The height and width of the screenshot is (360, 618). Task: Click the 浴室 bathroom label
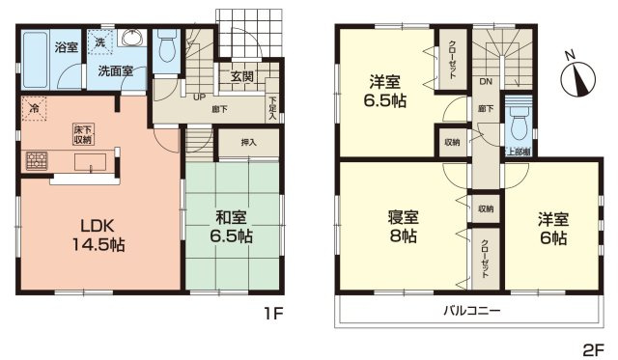[66, 46]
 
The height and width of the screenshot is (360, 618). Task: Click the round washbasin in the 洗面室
[134, 40]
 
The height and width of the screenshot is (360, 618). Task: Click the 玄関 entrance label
[241, 77]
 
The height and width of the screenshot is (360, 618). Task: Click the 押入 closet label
[249, 142]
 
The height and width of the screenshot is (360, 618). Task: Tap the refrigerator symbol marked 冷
[34, 108]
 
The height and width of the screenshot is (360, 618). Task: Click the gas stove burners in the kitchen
[36, 160]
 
